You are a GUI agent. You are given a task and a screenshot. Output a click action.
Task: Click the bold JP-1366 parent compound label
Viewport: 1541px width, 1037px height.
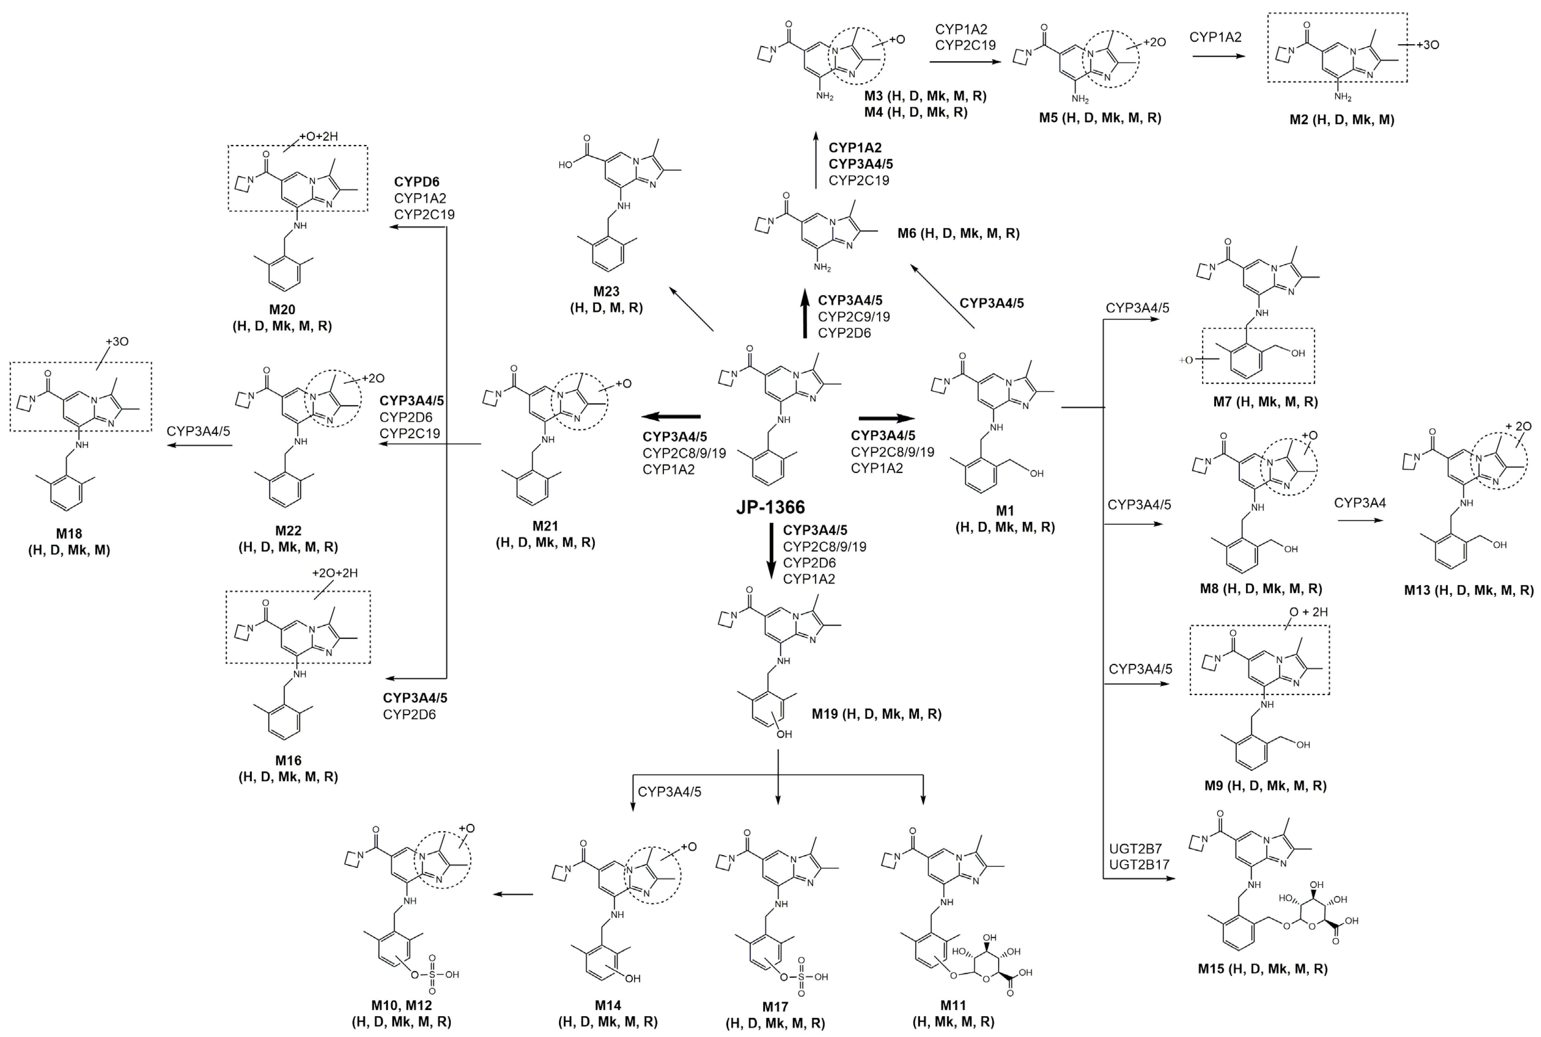tap(770, 507)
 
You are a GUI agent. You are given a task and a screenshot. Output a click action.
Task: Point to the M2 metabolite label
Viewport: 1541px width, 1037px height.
tap(1341, 120)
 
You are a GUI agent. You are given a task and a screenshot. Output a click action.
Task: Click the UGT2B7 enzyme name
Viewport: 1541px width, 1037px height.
tap(1135, 849)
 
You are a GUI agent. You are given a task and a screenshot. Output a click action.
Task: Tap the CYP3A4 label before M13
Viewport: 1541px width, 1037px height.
tap(1360, 503)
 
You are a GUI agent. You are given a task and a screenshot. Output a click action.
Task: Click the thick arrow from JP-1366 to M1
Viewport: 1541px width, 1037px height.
tap(886, 418)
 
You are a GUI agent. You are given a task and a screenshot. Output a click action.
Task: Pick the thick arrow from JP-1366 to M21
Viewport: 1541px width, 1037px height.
tap(671, 417)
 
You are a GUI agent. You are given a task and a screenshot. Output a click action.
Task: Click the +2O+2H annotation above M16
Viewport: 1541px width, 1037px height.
tap(335, 573)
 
